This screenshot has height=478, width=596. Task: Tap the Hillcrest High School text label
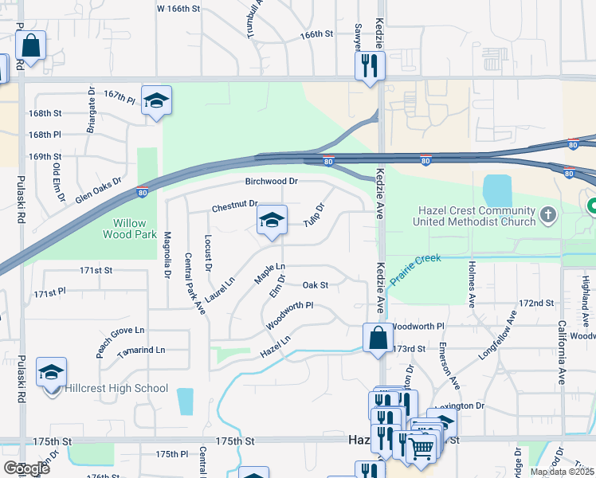[118, 388]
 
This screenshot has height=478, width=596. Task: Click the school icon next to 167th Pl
[157, 101]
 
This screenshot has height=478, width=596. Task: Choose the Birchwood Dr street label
[271, 182]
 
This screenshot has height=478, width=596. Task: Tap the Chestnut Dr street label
[235, 207]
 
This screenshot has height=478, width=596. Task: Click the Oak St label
[316, 284]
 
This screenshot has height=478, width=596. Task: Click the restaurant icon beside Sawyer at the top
[369, 66]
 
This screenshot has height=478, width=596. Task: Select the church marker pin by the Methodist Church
[547, 214]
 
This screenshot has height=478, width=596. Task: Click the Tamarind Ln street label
[141, 350]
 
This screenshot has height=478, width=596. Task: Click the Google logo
[26, 468]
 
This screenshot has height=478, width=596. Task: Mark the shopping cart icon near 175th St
[421, 449]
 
